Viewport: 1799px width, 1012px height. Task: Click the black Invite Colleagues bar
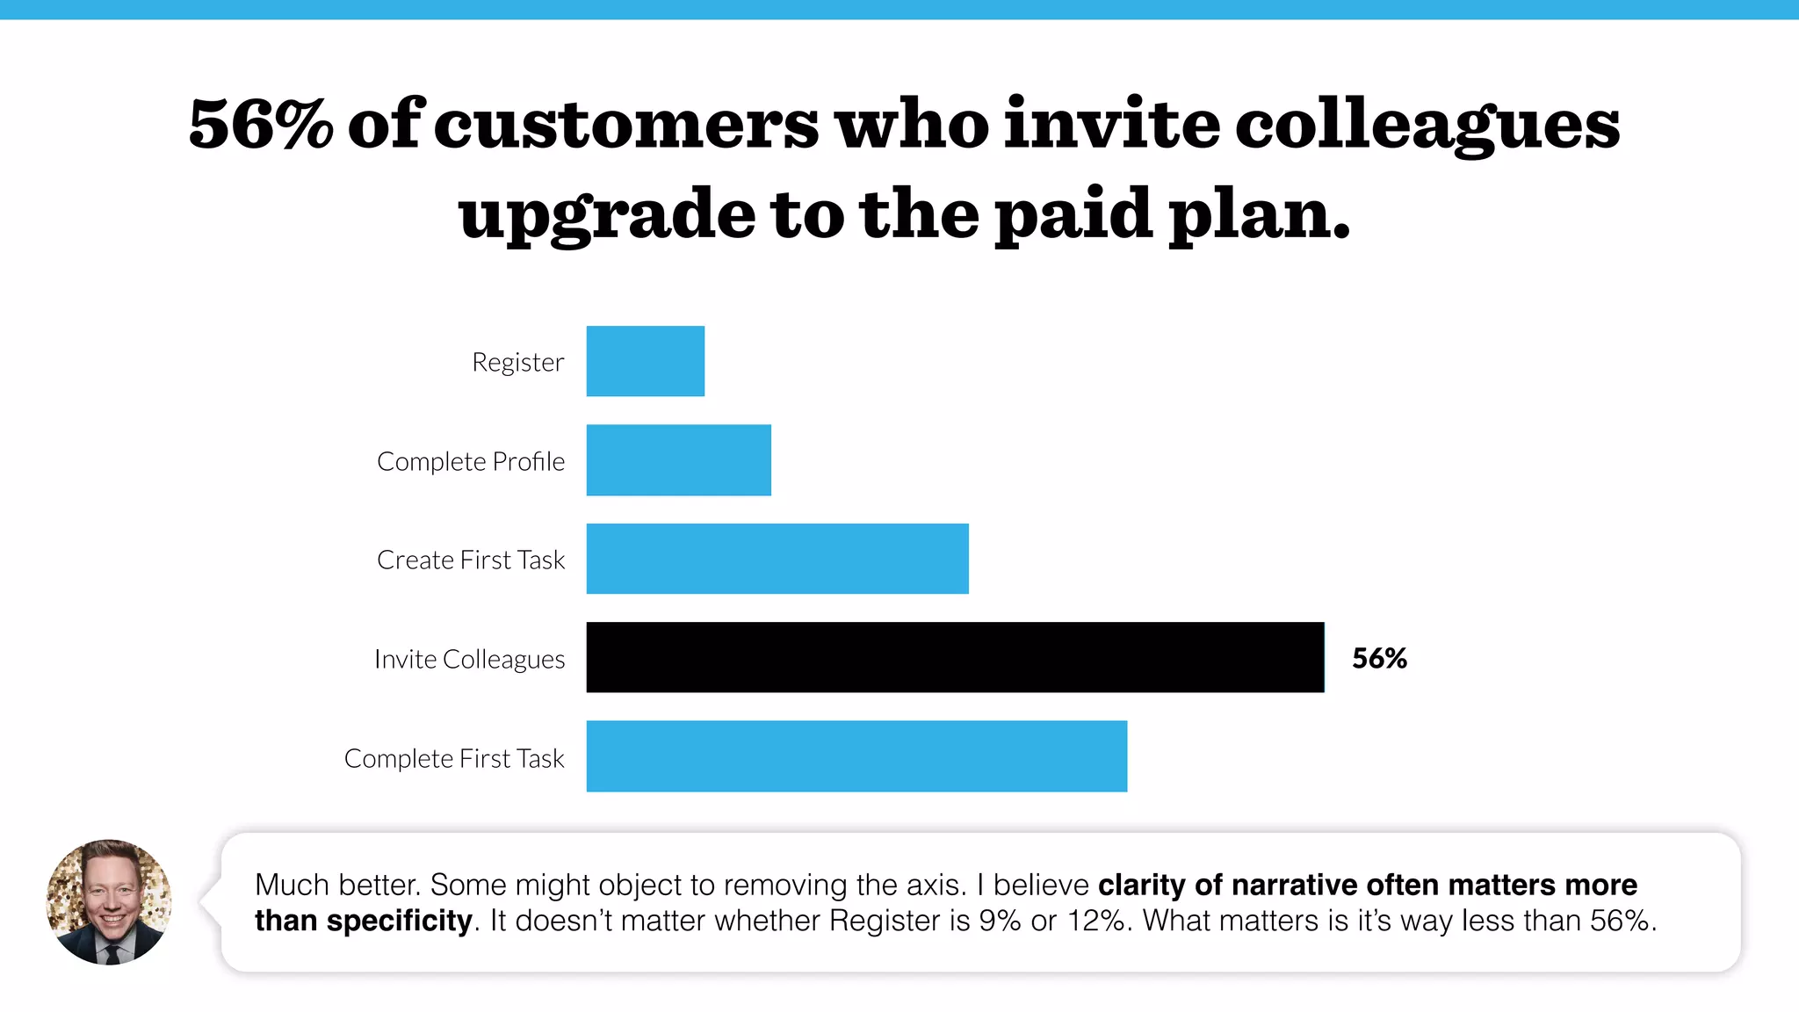tap(955, 657)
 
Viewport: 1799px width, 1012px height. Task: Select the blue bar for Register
tap(645, 361)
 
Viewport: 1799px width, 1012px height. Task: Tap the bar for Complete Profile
tap(678, 460)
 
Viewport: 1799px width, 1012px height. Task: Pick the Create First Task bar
tap(777, 559)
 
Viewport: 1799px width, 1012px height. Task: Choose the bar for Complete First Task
tap(856, 756)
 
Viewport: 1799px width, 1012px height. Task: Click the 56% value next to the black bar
tap(1379, 658)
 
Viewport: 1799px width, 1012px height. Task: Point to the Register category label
tap(517, 362)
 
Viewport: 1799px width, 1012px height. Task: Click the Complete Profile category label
tap(471, 461)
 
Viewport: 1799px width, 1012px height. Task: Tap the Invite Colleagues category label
tap(469, 659)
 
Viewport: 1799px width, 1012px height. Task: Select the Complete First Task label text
tap(454, 758)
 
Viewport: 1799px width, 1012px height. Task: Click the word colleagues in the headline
tap(1427, 124)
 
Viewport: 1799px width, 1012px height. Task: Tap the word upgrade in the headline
tap(606, 214)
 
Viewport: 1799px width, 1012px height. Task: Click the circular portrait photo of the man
tap(109, 901)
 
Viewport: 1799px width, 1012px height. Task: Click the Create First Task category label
tap(471, 560)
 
